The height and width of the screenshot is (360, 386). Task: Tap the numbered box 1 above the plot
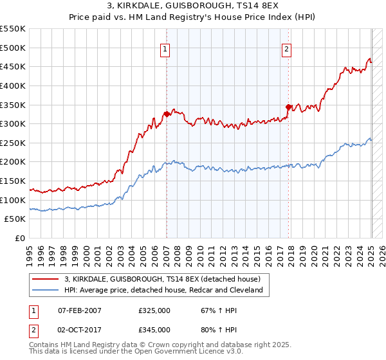point(166,48)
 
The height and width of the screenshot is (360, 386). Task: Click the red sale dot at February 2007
point(167,114)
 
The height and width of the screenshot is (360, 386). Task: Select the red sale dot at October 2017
point(288,107)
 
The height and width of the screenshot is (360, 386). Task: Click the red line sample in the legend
point(46,280)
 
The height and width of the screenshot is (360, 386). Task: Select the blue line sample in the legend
point(46,291)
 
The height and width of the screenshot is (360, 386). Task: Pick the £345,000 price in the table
point(154,329)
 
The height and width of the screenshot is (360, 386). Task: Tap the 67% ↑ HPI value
point(212,310)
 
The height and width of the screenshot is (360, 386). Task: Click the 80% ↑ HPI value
point(212,329)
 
